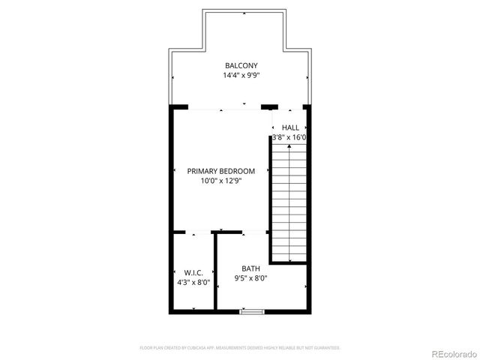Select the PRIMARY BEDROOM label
[x=221, y=171]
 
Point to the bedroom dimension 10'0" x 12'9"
[x=221, y=181]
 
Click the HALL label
[x=290, y=128]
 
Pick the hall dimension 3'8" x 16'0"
[x=289, y=138]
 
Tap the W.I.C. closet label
[x=193, y=272]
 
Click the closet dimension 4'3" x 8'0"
[x=193, y=283]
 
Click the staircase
[x=289, y=202]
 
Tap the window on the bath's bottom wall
[x=252, y=310]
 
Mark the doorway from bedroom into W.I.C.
[x=194, y=232]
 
